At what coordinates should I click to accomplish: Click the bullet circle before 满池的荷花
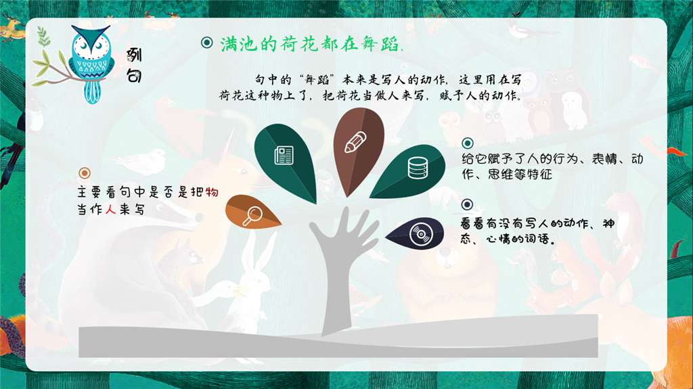tap(207, 43)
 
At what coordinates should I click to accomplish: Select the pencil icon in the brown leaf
tap(355, 143)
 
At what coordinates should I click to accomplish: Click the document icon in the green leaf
tap(284, 156)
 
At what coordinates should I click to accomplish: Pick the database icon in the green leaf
tap(416, 167)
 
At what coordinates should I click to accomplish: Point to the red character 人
tap(111, 210)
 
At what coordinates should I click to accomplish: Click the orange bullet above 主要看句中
tap(85, 173)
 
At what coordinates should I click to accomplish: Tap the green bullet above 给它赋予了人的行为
tap(467, 143)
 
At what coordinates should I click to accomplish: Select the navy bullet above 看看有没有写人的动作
tap(467, 204)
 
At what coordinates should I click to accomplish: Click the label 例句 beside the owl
tap(134, 66)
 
